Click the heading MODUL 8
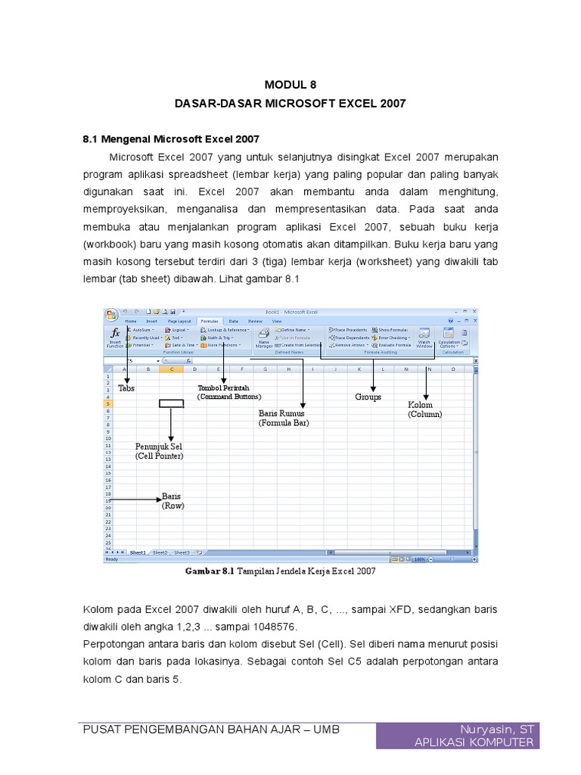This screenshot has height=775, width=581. tap(291, 86)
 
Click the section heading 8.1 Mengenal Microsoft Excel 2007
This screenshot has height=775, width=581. tap(170, 139)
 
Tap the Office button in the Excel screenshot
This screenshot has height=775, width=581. tap(112, 315)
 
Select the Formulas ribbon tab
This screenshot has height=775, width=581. tap(209, 321)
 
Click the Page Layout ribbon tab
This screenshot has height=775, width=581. tap(179, 321)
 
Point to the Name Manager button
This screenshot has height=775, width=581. tap(263, 338)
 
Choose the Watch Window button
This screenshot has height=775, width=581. tap(424, 338)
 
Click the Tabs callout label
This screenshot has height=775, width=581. tap(126, 387)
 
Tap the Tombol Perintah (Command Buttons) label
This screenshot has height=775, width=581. tap(228, 392)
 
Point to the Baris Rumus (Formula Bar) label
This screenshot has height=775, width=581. tap(284, 419)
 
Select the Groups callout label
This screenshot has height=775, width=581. tap(368, 397)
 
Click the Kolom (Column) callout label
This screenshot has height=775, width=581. tap(425, 409)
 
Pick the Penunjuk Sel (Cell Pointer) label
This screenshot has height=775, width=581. tap(160, 451)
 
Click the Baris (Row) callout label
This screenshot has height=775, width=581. tap(172, 501)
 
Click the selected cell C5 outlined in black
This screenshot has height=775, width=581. tap(172, 403)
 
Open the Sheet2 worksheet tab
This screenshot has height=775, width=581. tap(160, 553)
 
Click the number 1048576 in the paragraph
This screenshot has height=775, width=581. tap(269, 627)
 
